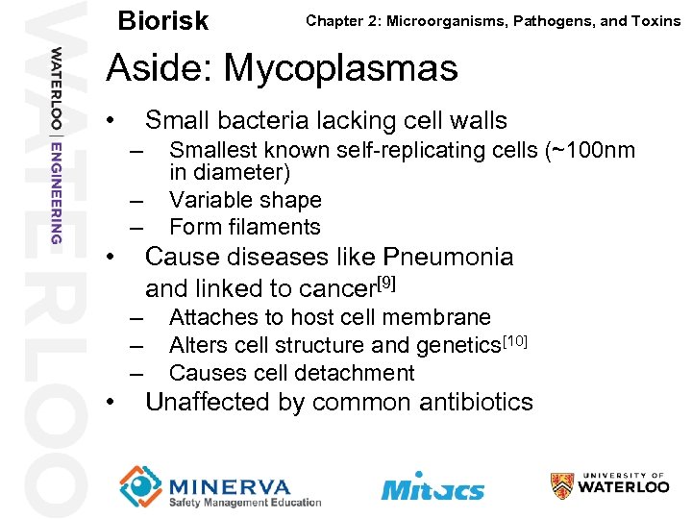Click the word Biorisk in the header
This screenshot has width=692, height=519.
coord(162,20)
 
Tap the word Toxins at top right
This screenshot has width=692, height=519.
coord(655,20)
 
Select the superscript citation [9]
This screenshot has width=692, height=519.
coord(386,283)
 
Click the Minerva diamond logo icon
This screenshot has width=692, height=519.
coord(140,485)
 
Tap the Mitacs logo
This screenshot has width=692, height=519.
coord(432,486)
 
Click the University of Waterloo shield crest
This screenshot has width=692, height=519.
coord(562,485)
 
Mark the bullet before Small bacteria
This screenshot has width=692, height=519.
coord(112,121)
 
